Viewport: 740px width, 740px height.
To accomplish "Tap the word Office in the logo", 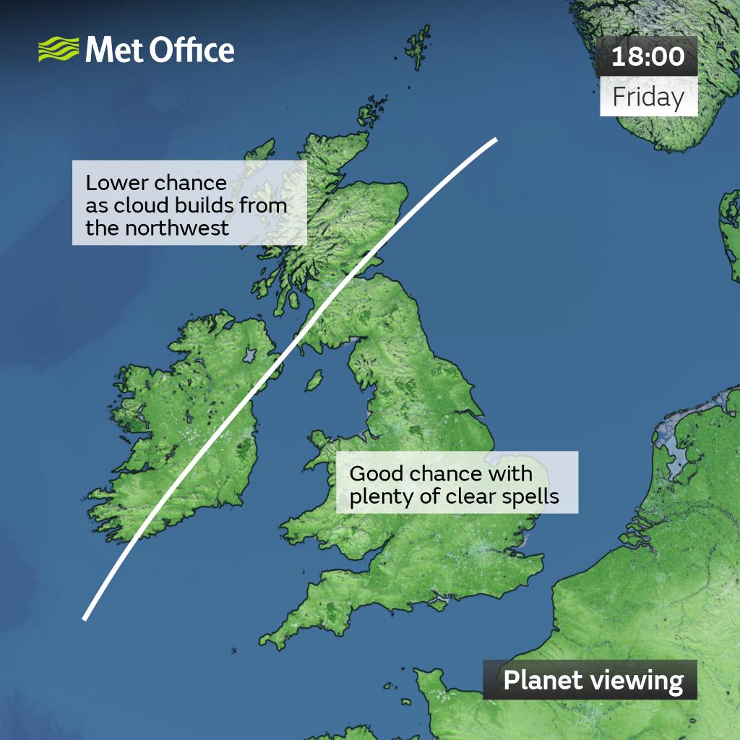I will point(195,51).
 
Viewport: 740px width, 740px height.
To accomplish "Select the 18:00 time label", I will point(648,56).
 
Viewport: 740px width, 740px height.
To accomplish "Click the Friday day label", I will point(648,97).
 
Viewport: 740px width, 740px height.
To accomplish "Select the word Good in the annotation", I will point(377,474).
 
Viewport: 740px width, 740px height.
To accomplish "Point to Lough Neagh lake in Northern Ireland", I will point(251,356).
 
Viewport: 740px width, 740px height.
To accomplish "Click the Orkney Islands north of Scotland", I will point(371,115).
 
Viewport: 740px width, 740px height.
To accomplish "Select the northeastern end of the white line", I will point(496,139).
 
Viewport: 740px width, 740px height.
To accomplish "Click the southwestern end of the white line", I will point(85,618).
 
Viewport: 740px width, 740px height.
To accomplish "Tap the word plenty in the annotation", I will point(379,497).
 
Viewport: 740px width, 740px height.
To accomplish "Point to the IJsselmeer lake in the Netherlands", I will point(676,452).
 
